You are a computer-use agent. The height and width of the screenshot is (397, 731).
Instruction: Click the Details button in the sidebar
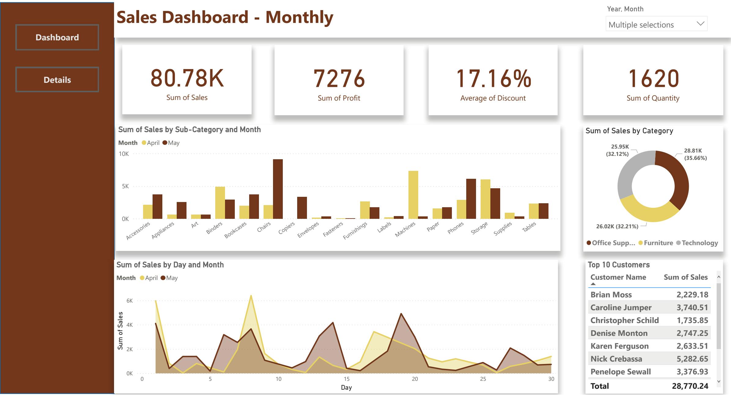(57, 80)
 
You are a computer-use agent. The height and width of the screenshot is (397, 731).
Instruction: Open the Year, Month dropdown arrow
(700, 24)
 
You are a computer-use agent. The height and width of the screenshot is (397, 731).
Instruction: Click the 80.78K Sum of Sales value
(187, 78)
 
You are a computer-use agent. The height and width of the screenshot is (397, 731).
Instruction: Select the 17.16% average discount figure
(493, 79)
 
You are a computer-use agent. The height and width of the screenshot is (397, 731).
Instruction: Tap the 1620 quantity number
(653, 79)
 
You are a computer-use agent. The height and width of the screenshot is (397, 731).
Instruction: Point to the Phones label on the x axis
(456, 228)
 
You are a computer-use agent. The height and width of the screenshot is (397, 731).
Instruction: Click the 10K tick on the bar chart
(124, 154)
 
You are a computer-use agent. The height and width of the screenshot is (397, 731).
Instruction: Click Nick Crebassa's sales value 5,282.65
(692, 359)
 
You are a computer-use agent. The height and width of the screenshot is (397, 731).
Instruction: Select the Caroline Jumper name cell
(621, 307)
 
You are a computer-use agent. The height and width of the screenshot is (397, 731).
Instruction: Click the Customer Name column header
(618, 277)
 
